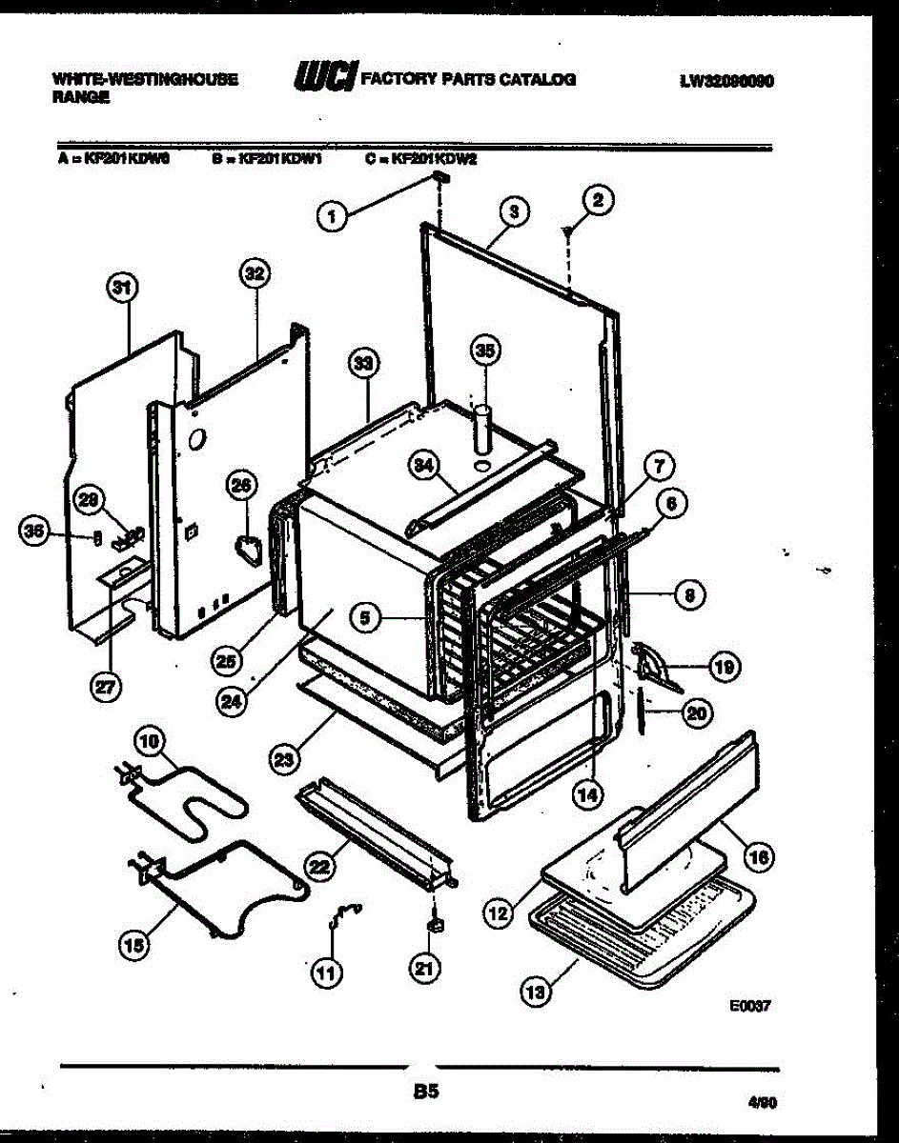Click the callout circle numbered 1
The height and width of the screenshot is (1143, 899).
pyautogui.click(x=332, y=218)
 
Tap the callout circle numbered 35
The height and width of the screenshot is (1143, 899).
pyautogui.click(x=486, y=351)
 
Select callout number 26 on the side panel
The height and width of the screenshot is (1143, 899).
pyautogui.click(x=242, y=487)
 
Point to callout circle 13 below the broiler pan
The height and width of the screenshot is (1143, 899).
pyautogui.click(x=537, y=993)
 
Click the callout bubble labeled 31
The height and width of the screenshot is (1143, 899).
pyautogui.click(x=123, y=287)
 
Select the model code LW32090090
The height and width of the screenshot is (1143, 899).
pyautogui.click(x=726, y=81)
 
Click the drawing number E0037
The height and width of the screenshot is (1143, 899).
pyautogui.click(x=748, y=1003)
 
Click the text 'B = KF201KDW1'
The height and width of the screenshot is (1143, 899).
pyautogui.click(x=268, y=160)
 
